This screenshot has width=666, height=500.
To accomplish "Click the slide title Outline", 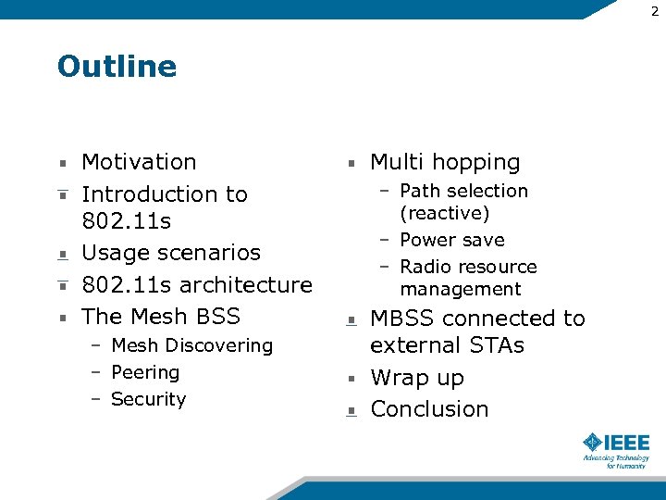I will (x=117, y=67).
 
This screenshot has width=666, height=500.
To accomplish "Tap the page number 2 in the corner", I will (x=655, y=10).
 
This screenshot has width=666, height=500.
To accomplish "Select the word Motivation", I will (x=139, y=162).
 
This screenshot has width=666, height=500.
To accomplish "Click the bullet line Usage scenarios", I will (x=171, y=253).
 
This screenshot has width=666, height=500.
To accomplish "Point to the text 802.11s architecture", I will (x=197, y=284).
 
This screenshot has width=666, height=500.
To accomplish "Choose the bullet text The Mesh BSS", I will (x=161, y=316).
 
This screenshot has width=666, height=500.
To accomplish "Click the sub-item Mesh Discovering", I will (x=191, y=345).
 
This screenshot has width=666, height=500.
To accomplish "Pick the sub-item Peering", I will (x=145, y=372).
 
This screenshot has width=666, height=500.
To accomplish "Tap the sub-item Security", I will (x=148, y=399).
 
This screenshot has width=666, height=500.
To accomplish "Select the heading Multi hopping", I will (x=445, y=162).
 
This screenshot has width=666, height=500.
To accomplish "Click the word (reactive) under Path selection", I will (x=444, y=213).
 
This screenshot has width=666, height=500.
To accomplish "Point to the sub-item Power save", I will (x=452, y=240).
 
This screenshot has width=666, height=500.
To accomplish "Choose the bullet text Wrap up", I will (x=417, y=378).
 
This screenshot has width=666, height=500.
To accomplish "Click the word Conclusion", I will (x=429, y=408).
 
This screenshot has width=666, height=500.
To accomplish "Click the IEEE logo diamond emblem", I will (x=593, y=442).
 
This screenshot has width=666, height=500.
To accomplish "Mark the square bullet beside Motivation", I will (x=62, y=163).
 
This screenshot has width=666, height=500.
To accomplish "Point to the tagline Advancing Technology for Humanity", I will (x=616, y=461).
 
